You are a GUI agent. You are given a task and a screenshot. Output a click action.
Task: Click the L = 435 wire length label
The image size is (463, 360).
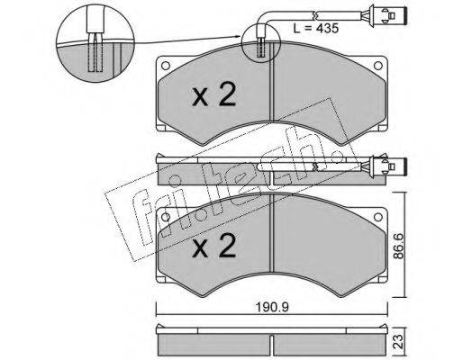[x=315, y=29]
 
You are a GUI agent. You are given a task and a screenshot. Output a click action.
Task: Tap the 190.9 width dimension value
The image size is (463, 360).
[x=272, y=308]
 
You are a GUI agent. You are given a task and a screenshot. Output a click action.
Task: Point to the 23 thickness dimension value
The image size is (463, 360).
[x=399, y=342]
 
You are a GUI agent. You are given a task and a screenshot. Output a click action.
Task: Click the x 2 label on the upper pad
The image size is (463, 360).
[x=214, y=95]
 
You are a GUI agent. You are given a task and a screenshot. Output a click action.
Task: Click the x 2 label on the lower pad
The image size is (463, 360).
[x=214, y=246]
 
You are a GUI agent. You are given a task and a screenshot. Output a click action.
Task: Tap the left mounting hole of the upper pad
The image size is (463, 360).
[x=166, y=66]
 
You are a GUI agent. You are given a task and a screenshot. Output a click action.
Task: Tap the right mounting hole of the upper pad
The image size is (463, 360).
[x=377, y=66]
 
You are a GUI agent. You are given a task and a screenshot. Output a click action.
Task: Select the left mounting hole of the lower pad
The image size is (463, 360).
[x=166, y=217]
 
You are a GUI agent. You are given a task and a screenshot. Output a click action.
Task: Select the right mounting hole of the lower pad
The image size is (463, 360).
[x=377, y=217]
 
